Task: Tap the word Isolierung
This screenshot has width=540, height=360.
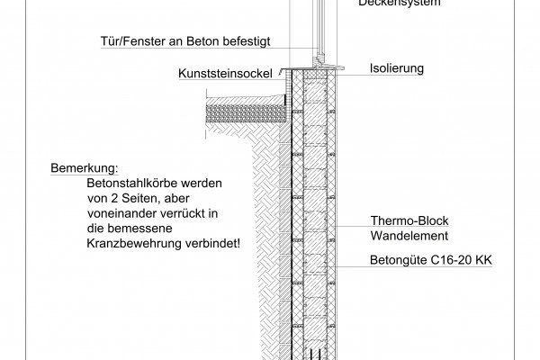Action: coord(398,67)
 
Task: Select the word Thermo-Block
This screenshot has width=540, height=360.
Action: coord(410,220)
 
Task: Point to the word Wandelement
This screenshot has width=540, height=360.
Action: coord(409,236)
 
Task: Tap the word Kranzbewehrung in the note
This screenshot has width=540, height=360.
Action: coord(126,243)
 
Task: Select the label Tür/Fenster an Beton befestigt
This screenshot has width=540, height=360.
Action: coord(184,40)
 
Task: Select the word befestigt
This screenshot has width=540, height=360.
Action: coord(248,40)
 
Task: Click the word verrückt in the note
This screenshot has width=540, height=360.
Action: coord(172,213)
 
